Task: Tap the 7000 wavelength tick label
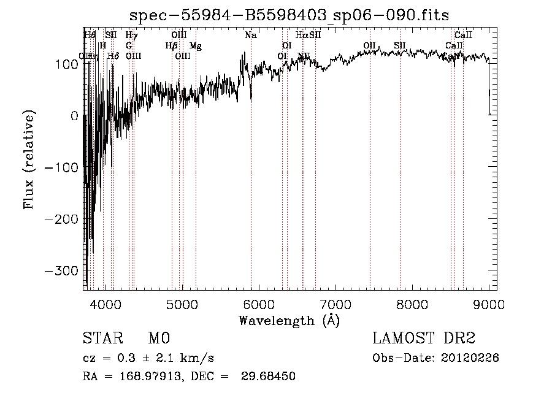(x=335, y=304)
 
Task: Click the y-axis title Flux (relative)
(x=29, y=159)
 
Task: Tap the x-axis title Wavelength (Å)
(x=289, y=320)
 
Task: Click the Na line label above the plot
(x=250, y=36)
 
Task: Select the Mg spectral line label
(x=195, y=46)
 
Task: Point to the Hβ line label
(x=171, y=46)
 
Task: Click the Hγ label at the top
(x=131, y=36)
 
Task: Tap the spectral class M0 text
(x=159, y=339)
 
